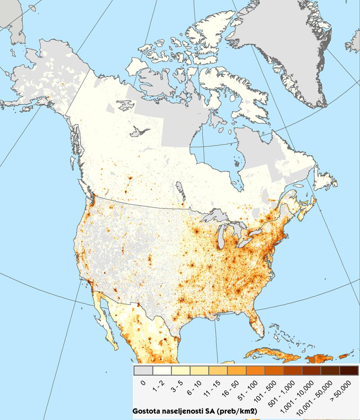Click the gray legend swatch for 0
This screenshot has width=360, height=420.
[143, 370]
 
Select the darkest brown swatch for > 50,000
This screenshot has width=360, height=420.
[349, 370]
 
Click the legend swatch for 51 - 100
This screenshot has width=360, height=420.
[255, 370]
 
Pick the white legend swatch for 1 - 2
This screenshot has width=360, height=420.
[162, 370]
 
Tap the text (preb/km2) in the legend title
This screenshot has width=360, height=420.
[238, 411]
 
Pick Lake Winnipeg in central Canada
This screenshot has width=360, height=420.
[180, 191]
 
